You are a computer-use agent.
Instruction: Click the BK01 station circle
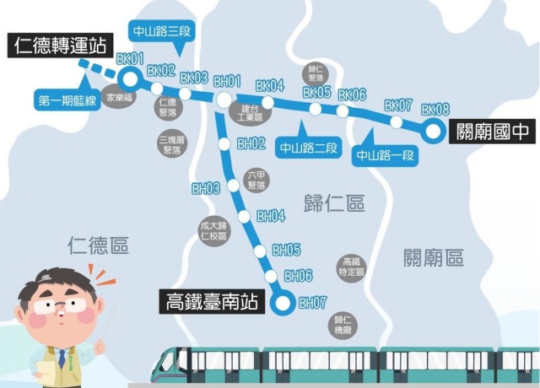[x=129, y=78]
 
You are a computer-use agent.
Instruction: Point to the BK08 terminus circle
[x=434, y=131]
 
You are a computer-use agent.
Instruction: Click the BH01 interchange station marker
[x=224, y=100]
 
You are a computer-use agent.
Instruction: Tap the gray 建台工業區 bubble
[x=252, y=112]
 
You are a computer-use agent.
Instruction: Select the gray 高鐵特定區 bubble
[x=351, y=268]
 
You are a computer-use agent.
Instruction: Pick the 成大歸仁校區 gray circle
[x=213, y=229]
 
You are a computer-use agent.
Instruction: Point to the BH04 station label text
[x=271, y=216]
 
